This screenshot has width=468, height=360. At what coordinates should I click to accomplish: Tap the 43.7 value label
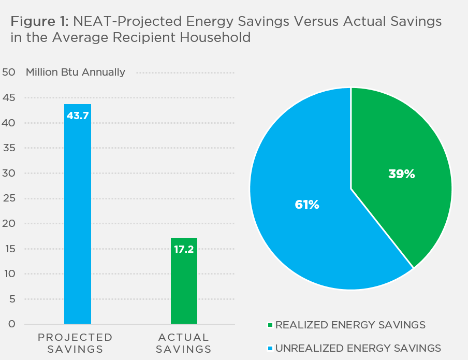78,116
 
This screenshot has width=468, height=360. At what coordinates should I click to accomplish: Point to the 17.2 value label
184,250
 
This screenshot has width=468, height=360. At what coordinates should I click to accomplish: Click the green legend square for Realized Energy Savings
270,325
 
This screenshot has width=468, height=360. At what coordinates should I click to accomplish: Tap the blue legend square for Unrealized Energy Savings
270,348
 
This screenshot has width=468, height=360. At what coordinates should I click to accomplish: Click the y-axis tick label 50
9,72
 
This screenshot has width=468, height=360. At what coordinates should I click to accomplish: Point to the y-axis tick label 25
9,198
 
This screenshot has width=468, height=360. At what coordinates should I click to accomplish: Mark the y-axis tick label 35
9,148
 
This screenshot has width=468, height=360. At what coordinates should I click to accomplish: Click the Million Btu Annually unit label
76,72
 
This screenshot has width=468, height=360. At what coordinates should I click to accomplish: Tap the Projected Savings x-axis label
75,343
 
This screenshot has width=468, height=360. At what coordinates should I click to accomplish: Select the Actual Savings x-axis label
184,343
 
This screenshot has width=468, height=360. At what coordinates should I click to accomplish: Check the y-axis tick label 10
9,274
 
